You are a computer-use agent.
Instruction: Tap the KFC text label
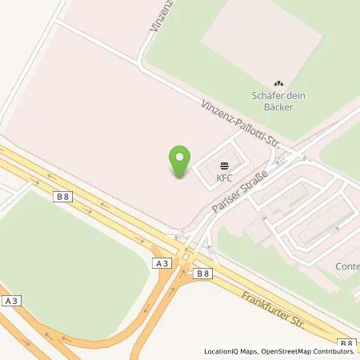click(x=224, y=178)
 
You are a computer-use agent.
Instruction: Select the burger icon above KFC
click(x=224, y=166)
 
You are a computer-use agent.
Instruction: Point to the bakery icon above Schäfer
click(x=278, y=83)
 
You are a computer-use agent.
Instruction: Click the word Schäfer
click(x=269, y=94)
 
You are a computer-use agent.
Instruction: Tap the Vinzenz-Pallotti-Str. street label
click(x=239, y=125)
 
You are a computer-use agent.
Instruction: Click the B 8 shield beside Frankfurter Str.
click(x=203, y=273)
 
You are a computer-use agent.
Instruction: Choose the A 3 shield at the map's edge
click(x=10, y=301)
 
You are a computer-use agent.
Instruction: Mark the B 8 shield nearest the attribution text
click(x=346, y=342)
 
